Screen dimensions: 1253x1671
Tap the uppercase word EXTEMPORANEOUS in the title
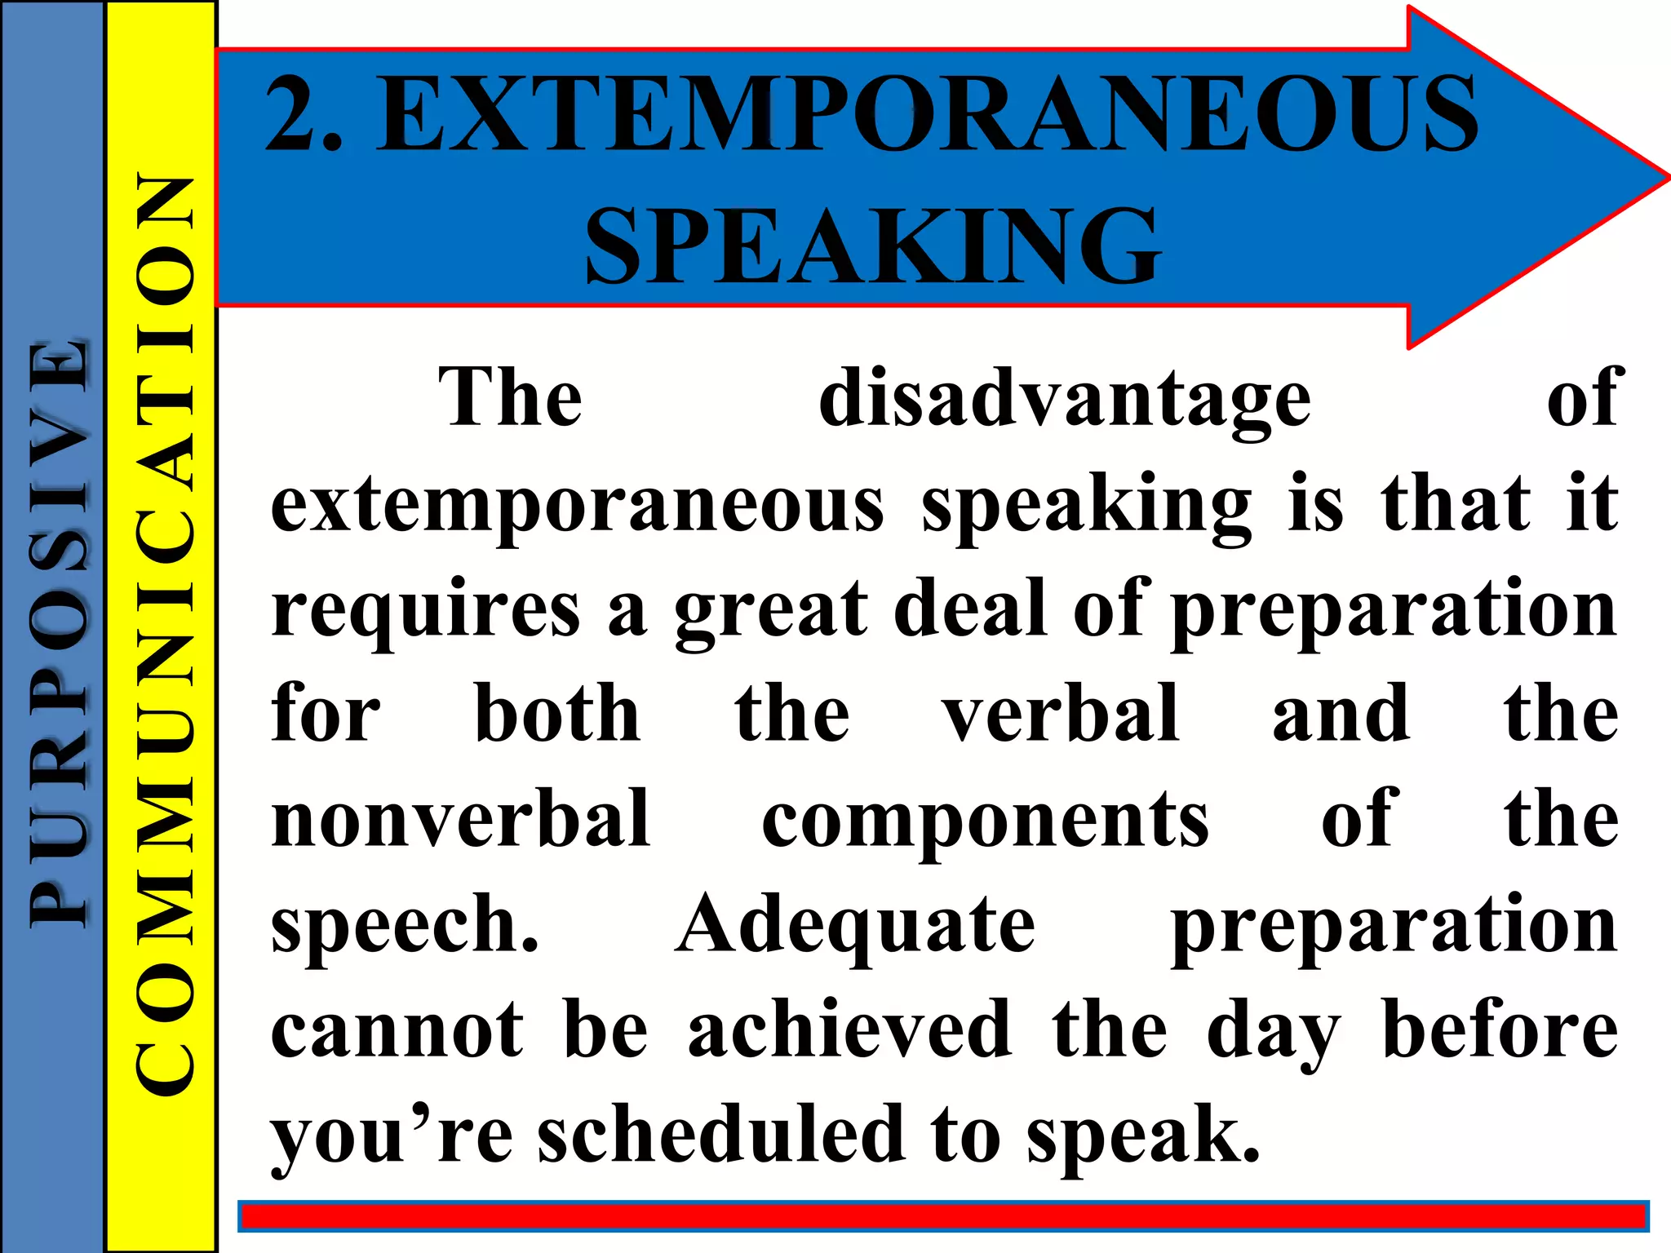coord(927,114)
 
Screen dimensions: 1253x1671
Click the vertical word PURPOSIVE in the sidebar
coord(57,632)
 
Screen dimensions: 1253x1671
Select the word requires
coord(425,610)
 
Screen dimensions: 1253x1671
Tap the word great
coord(771,610)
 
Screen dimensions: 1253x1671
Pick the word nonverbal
coord(461,819)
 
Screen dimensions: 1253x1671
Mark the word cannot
coord(397,1031)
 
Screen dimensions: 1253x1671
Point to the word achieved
coord(849,1031)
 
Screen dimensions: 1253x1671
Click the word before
coord(1500,1031)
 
